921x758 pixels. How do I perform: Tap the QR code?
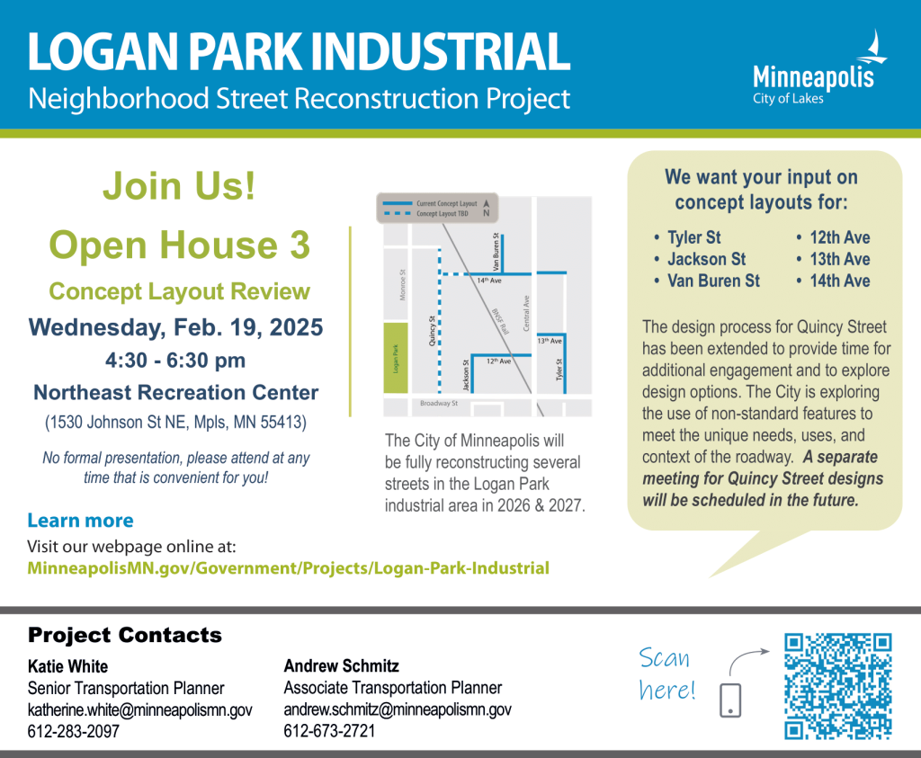coord(838,686)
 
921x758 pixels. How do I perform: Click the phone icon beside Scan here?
coord(730,700)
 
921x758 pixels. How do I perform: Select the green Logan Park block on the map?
coord(396,358)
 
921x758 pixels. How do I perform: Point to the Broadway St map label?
coord(439,404)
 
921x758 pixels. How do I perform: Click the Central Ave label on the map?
coord(526,313)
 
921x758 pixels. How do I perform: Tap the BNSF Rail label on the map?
coord(500,321)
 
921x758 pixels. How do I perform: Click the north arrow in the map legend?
coord(487,208)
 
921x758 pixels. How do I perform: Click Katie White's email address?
coord(139,709)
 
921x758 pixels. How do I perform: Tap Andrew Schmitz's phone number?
coord(329,731)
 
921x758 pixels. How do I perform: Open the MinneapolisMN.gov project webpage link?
coord(289,568)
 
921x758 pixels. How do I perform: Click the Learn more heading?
coord(80,521)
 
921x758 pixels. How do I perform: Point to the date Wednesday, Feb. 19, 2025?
coord(175,327)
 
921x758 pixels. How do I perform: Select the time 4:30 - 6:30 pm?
coord(175,360)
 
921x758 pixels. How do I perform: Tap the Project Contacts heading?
coord(124,635)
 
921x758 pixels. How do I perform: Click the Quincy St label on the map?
coord(433,331)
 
